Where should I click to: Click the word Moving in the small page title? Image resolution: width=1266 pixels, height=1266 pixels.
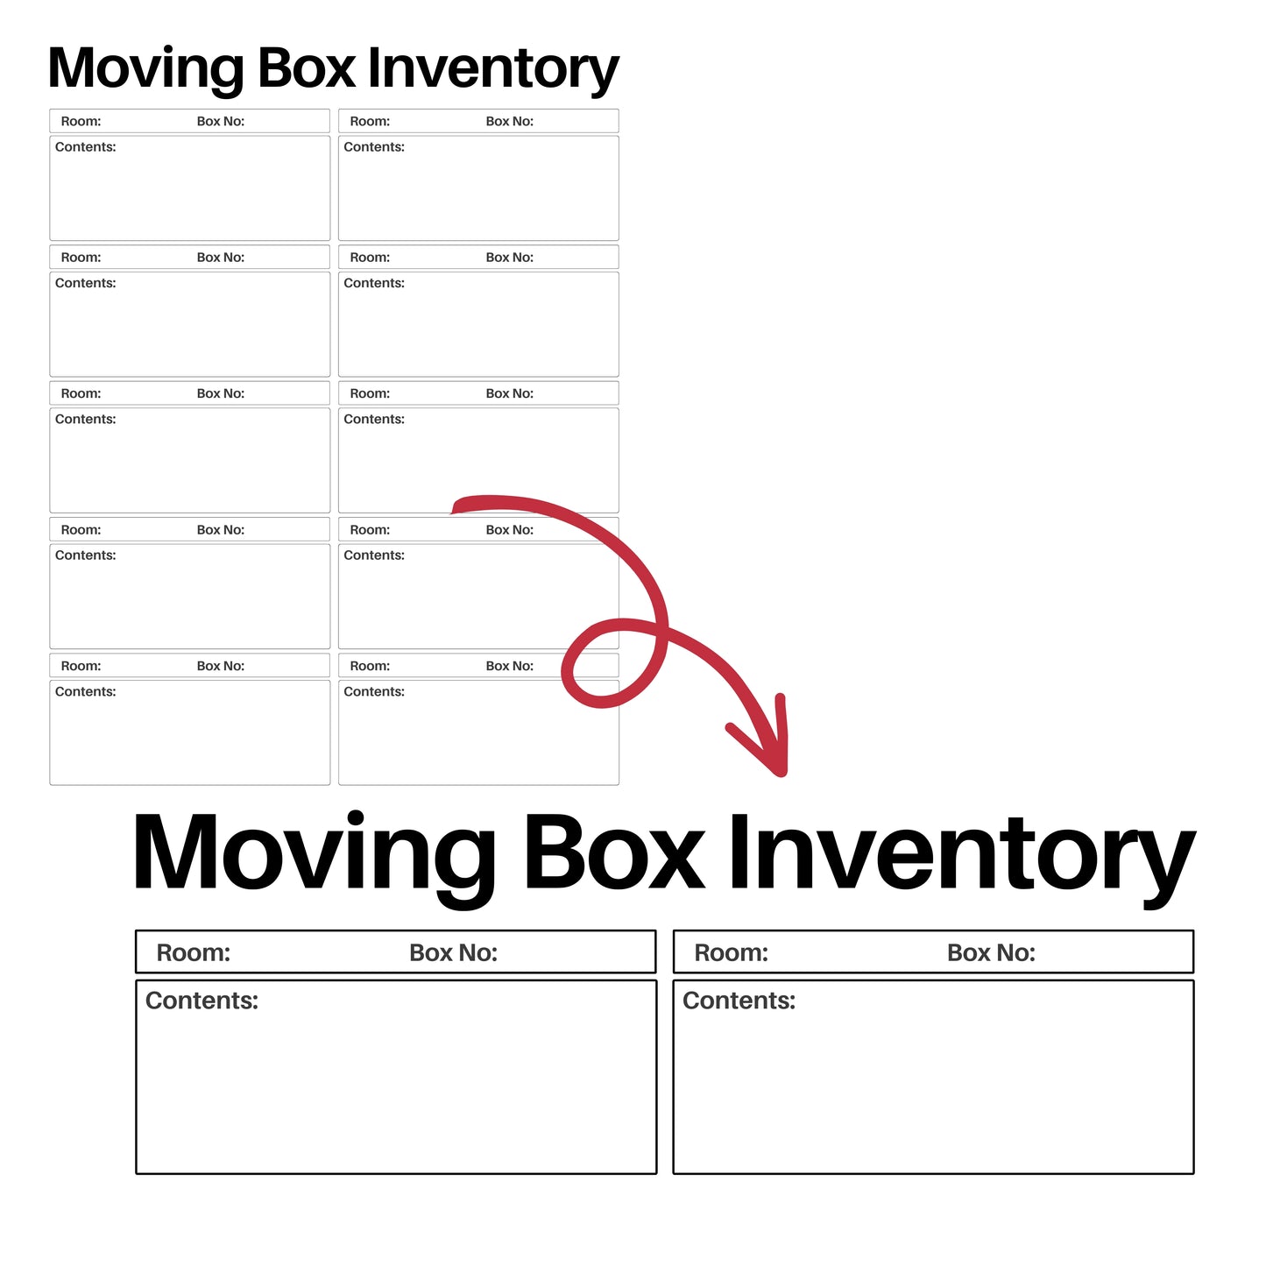(146, 70)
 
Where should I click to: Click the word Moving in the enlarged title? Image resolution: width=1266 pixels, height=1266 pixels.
(315, 854)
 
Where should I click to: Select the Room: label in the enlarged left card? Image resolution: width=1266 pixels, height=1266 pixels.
(194, 953)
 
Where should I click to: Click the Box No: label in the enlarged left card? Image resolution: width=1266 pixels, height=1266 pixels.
(453, 953)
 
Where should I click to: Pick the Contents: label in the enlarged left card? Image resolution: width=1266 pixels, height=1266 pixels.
(202, 1001)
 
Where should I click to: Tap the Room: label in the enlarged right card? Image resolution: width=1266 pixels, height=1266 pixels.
(732, 953)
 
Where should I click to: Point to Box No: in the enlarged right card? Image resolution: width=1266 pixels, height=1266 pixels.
(991, 953)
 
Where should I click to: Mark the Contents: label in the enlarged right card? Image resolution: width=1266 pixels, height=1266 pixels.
(739, 1001)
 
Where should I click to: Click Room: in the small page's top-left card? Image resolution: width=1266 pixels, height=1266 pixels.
(81, 122)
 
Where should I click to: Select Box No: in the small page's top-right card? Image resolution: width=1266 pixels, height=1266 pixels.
(510, 122)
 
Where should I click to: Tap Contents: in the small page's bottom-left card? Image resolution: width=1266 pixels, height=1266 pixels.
(85, 692)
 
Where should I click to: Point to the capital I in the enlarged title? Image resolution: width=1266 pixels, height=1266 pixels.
(739, 852)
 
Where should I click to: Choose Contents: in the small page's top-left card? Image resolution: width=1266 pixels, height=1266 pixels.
(85, 147)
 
